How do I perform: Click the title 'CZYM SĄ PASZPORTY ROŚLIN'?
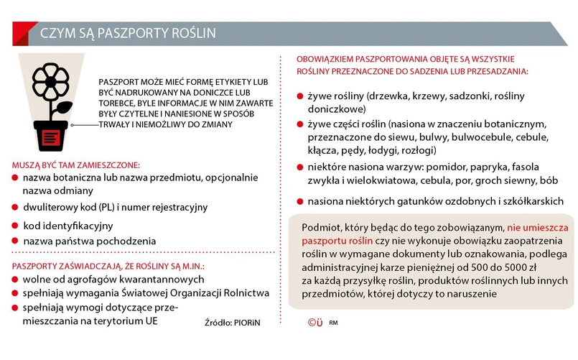coord(127,34)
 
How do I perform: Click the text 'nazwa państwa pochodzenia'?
coord(84,241)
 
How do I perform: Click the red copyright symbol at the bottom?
coord(314,322)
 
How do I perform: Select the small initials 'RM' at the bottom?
coord(334,323)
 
